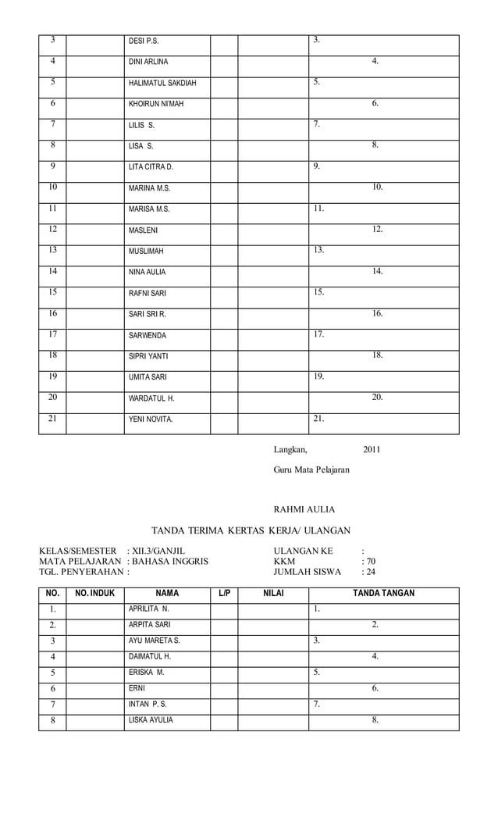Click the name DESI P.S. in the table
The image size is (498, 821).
[144, 41]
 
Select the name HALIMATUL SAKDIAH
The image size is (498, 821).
[162, 83]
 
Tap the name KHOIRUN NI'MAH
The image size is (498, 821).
[156, 104]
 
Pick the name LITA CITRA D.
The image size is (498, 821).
[151, 167]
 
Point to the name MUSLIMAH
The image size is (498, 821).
[147, 252]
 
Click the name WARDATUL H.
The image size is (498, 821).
[151, 398]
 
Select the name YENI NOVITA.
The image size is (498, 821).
[151, 419]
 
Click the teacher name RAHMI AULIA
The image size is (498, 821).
[304, 509]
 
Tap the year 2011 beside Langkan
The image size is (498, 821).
[372, 449]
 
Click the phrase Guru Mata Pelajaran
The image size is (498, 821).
[311, 469]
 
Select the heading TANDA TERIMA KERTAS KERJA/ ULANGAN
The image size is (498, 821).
[251, 530]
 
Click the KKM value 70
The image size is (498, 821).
[371, 561]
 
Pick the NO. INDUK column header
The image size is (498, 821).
[94, 594]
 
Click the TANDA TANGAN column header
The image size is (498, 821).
[383, 594]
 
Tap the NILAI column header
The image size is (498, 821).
[273, 594]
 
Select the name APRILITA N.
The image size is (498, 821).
[149, 608]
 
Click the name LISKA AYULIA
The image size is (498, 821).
[151, 720]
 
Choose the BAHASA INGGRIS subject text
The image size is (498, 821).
[170, 561]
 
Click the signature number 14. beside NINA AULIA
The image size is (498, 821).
[377, 271]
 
